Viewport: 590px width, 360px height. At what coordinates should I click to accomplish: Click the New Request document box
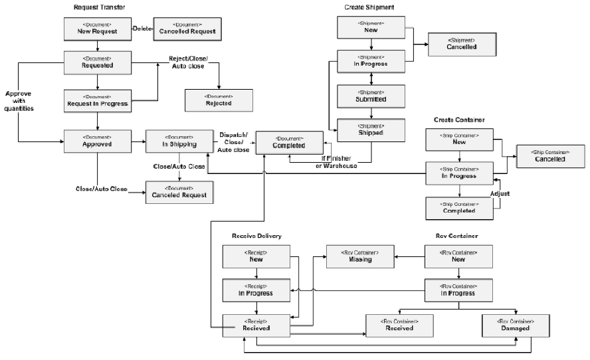pyautogui.click(x=98, y=29)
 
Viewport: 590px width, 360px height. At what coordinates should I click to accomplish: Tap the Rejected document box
pyautogui.click(x=219, y=100)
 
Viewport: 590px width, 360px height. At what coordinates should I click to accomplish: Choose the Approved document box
pyautogui.click(x=98, y=141)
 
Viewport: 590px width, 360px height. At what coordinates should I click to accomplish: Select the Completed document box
pyautogui.click(x=288, y=142)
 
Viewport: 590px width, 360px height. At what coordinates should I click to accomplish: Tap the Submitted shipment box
pyautogui.click(x=370, y=96)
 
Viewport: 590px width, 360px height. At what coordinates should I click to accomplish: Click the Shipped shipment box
pyautogui.click(x=370, y=129)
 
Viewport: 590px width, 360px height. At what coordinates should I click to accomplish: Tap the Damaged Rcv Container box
pyautogui.click(x=516, y=325)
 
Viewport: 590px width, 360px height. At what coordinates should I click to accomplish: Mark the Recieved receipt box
pyautogui.click(x=256, y=325)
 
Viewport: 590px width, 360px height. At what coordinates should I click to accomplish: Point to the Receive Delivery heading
pyautogui.click(x=256, y=236)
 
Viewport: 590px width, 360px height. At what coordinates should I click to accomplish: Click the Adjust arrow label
pyautogui.click(x=499, y=193)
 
